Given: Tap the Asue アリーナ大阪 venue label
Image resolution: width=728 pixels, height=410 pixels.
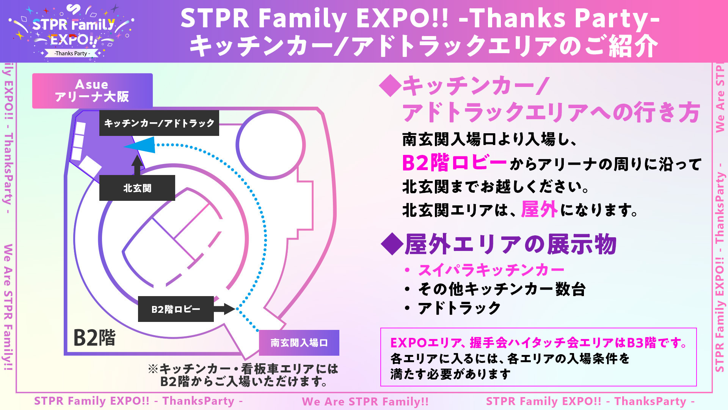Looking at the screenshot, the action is click(92, 91).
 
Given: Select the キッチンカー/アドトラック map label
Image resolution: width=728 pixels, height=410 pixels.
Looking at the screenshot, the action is click(159, 123).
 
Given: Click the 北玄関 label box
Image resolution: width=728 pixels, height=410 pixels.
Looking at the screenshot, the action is click(137, 188).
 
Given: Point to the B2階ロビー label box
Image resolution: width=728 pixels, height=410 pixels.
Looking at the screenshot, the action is click(176, 309).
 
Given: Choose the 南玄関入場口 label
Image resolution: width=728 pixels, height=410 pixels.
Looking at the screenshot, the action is click(299, 343).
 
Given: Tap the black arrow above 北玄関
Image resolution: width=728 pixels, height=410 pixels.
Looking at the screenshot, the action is click(137, 165).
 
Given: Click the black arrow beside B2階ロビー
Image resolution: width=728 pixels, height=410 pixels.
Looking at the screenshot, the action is click(225, 309).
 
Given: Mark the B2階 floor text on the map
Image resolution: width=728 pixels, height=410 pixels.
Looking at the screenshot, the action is click(94, 337).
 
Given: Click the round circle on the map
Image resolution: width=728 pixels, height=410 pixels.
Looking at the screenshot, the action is click(271, 144).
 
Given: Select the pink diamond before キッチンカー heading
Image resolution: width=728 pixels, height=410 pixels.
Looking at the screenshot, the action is click(390, 86).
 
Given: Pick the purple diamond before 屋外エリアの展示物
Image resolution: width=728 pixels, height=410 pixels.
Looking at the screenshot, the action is click(392, 244).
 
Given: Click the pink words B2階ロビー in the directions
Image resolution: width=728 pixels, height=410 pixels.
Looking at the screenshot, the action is click(454, 163).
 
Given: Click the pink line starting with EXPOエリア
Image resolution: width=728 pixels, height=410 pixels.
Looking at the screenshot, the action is click(539, 343).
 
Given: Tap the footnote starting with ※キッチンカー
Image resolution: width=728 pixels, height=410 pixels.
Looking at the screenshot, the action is click(243, 375).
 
